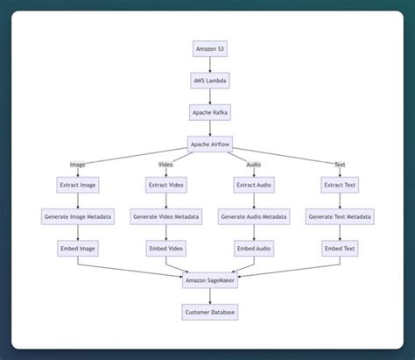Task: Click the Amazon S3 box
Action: (x=209, y=49)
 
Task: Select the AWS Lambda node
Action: (x=209, y=81)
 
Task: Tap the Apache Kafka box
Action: (x=209, y=112)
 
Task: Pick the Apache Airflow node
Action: (x=209, y=144)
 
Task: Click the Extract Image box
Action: (x=78, y=185)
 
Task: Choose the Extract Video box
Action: (x=165, y=185)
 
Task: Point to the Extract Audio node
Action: (x=253, y=185)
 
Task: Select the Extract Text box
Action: (x=340, y=185)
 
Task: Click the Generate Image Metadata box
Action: (x=78, y=216)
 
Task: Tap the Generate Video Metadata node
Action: (x=165, y=216)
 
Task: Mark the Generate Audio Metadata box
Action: (x=253, y=216)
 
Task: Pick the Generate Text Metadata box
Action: (x=340, y=216)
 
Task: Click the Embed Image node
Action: (x=78, y=248)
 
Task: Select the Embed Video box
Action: (x=165, y=248)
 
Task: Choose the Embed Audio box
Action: (x=253, y=248)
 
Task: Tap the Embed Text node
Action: (x=340, y=248)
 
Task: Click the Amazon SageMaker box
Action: (x=209, y=280)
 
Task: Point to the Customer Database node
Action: (x=209, y=312)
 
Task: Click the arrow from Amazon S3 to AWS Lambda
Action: (x=209, y=65)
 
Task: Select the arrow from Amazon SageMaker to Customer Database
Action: (x=209, y=296)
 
